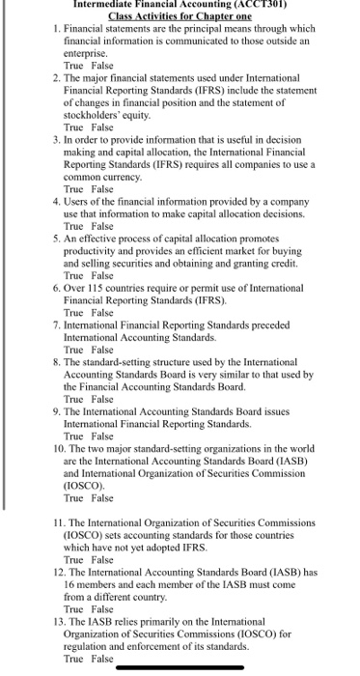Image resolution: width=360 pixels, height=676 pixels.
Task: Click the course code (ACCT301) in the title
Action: click(262, 4)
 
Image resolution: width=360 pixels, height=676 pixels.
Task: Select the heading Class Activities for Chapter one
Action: click(180, 16)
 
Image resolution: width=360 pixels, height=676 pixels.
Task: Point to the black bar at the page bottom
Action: click(180, 669)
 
